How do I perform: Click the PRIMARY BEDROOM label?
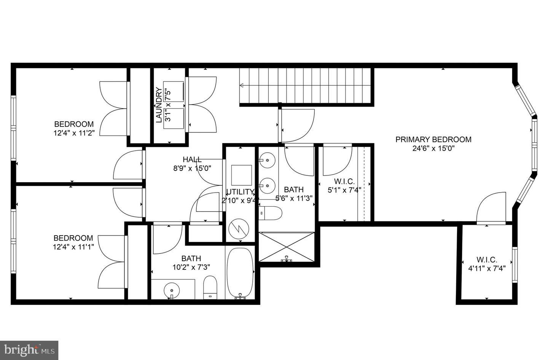click(433, 140)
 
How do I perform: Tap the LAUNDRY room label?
click(159, 105)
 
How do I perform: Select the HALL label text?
click(192, 159)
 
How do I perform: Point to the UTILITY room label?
click(240, 191)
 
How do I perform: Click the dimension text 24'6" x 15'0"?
click(433, 149)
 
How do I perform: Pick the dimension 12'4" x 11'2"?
click(74, 133)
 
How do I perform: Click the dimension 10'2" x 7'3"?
click(191, 267)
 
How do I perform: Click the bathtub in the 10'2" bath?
click(240, 272)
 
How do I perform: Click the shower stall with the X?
click(287, 246)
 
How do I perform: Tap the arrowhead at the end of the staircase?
click(242, 86)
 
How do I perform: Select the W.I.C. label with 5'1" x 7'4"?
click(344, 182)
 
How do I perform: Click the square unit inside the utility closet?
click(241, 175)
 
